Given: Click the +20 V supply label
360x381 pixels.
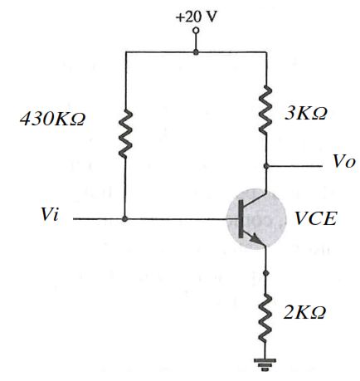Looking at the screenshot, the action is coord(197,17).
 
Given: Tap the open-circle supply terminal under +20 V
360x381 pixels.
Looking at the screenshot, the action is coord(196,30).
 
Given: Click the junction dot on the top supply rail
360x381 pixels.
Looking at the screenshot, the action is coord(196,51).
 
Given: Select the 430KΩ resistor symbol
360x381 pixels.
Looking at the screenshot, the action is coord(125,134).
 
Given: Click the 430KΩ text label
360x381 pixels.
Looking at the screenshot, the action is coord(52,120).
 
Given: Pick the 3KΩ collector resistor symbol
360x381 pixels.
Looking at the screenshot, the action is coord(265,110).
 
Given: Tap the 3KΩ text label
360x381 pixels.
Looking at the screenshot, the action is coord(306,113).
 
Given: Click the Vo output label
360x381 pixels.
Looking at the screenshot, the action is coord(343,161).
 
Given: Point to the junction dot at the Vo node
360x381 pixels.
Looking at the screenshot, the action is coord(266,166).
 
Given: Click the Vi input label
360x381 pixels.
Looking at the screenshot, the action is coord(50,214).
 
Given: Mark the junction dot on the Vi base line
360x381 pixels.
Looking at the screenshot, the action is coord(125,219).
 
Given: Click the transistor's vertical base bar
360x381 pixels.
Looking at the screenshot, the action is coord(241,218).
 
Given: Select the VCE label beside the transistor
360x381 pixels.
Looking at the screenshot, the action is coord(316,218).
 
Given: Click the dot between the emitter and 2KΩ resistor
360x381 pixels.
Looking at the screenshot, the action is coord(266,273).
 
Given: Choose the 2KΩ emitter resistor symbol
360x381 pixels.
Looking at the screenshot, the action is coord(265,318).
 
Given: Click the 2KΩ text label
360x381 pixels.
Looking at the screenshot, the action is coord(304,313).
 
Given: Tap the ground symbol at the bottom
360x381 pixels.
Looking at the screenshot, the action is coord(265,364).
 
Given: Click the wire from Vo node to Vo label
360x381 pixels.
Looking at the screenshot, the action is coord(294,166).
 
